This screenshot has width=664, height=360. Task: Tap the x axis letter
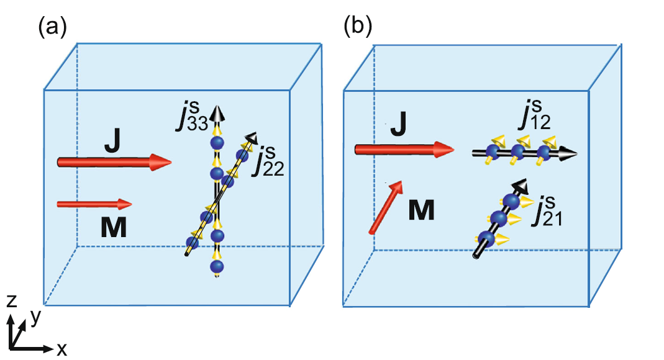pyautogui.click(x=62, y=349)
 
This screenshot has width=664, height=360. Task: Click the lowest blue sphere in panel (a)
pyautogui.click(x=217, y=267)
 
